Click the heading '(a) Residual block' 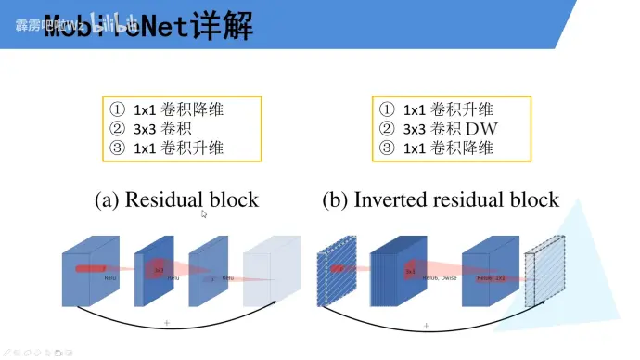176,199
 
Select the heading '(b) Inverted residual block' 441,199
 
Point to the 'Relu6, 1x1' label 491,277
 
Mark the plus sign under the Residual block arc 167,322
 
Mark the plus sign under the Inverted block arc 426,326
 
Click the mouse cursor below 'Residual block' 204,214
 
